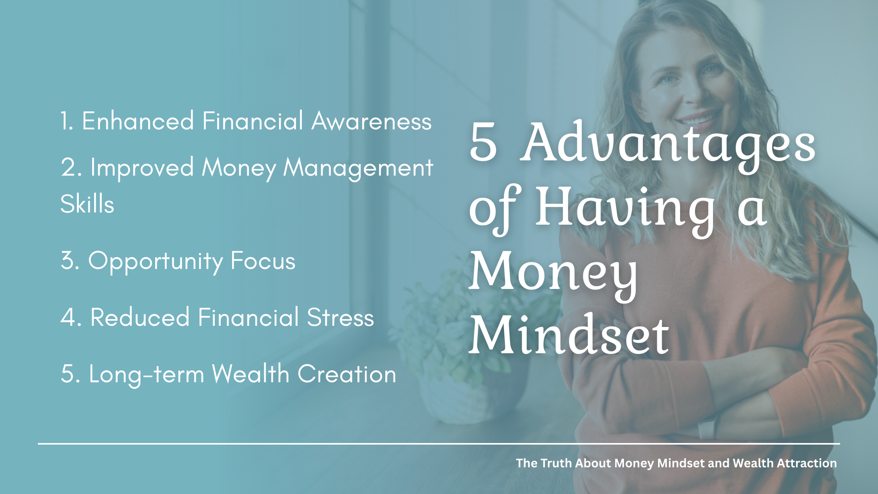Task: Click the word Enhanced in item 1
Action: pos(138,121)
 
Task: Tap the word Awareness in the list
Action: pos(372,121)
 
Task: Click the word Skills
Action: pos(87,204)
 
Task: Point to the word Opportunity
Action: pos(156,262)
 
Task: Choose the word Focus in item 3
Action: pos(263,261)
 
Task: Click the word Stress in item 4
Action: pos(340,317)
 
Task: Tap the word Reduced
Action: pos(140,317)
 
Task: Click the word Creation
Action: pos(347,374)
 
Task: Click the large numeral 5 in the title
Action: pos(483,142)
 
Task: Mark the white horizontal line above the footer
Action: pos(439,444)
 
